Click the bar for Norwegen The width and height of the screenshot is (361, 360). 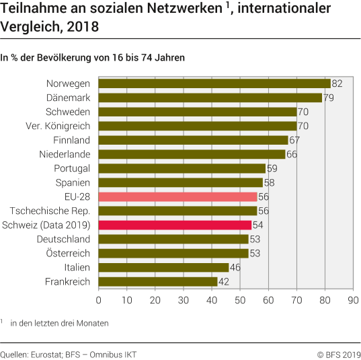click(x=214, y=83)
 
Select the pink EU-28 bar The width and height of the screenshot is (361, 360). click(x=177, y=196)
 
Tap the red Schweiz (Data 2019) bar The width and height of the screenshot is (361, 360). click(x=175, y=225)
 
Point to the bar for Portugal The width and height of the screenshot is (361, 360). click(x=182, y=168)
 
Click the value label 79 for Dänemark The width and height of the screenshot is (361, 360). click(x=329, y=98)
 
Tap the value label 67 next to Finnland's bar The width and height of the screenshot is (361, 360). click(x=294, y=140)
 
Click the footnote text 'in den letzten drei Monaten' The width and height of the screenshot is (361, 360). click(x=59, y=323)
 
